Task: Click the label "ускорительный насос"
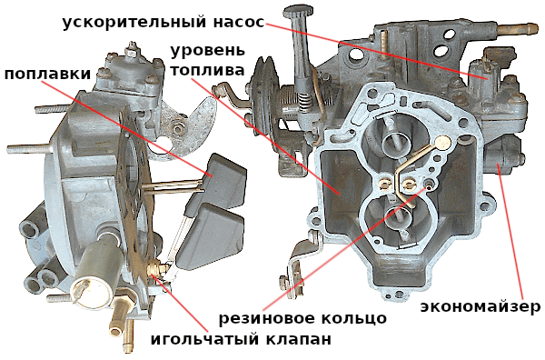tap(163, 23)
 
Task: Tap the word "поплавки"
tap(47, 74)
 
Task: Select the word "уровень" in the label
tap(207, 52)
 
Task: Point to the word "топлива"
tap(207, 70)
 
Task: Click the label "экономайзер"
tap(481, 307)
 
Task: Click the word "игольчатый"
tap(202, 339)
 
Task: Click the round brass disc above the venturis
tap(443, 143)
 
